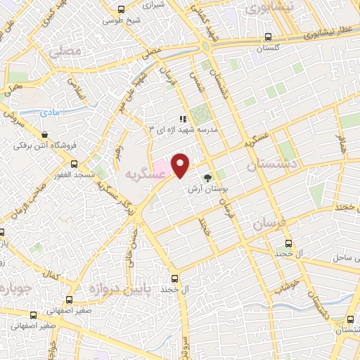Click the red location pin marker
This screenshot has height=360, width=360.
pyautogui.click(x=181, y=165)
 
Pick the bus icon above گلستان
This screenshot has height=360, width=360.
pyautogui.click(x=268, y=37)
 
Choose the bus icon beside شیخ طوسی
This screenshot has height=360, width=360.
pyautogui.click(x=122, y=9)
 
